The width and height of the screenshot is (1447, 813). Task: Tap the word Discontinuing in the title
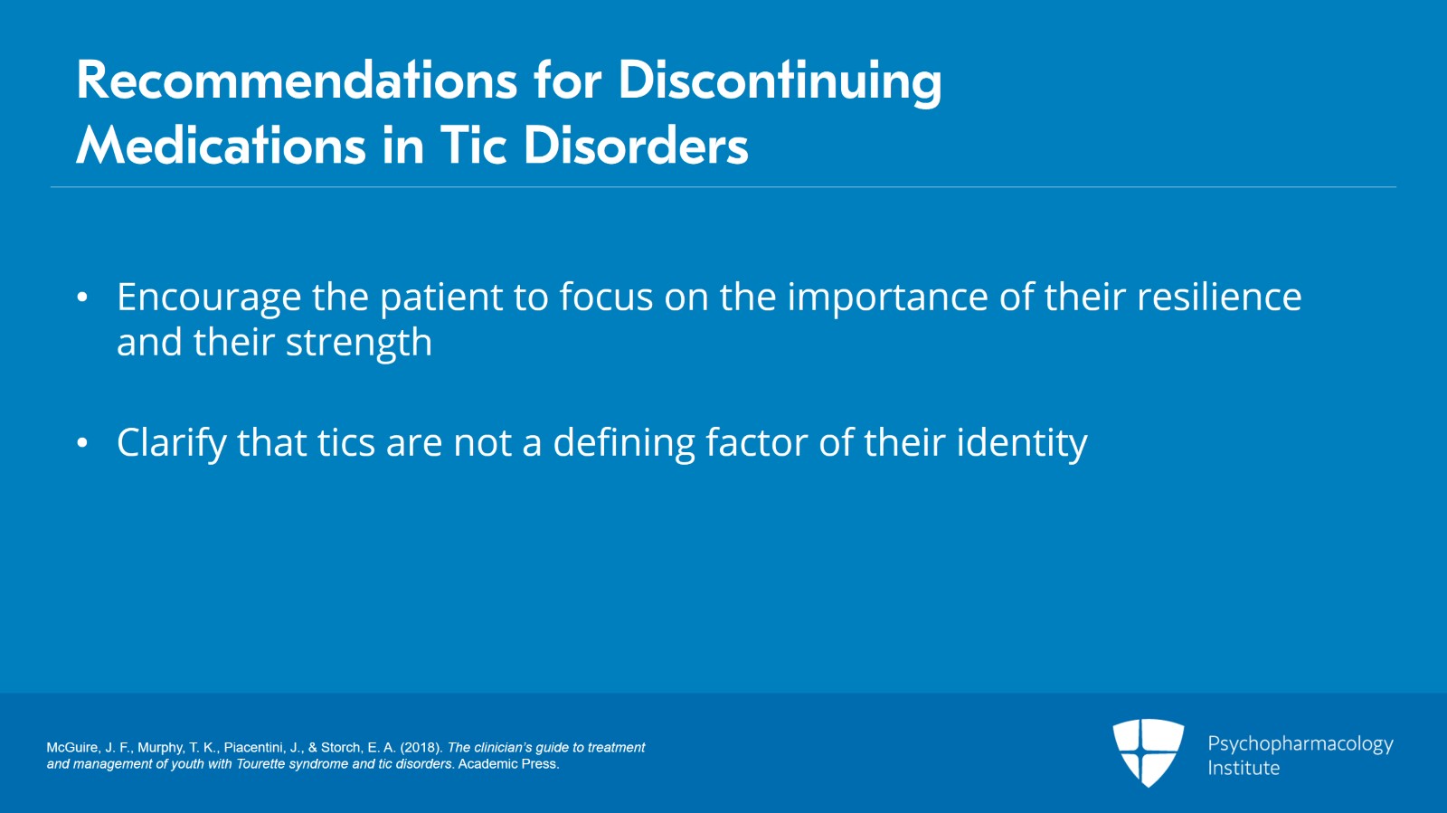(780, 80)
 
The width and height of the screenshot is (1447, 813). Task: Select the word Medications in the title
(222, 147)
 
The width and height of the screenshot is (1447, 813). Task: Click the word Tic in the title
(473, 147)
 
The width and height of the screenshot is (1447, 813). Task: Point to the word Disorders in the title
(636, 147)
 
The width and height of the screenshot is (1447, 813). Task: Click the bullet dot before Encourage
(82, 298)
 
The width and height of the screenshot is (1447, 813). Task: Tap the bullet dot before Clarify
(82, 443)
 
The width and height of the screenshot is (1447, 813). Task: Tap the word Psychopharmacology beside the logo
(1300, 744)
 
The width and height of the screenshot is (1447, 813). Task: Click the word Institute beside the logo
(1244, 769)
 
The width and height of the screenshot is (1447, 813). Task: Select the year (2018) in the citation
(421, 748)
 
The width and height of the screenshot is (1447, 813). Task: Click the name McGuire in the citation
(72, 748)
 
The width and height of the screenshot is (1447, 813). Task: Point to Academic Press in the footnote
(508, 764)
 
